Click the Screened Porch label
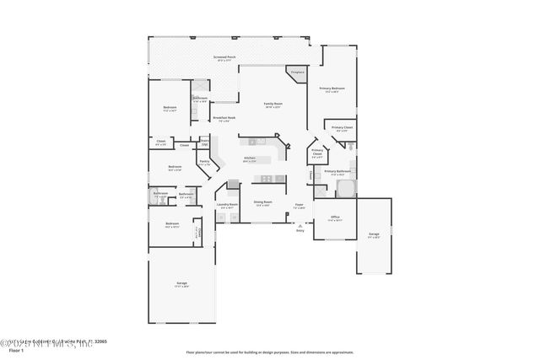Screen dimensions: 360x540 pyautogui.click(x=225, y=58)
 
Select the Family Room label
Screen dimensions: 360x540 pyautogui.click(x=273, y=105)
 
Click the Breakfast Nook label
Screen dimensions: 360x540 pyautogui.click(x=224, y=119)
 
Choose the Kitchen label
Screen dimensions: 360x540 pyautogui.click(x=250, y=159)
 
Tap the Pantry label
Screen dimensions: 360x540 pyautogui.click(x=204, y=164)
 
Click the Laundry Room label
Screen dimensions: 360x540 pyautogui.click(x=225, y=206)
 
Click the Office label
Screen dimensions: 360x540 pyautogui.click(x=335, y=218)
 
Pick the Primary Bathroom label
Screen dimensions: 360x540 pyautogui.click(x=336, y=173)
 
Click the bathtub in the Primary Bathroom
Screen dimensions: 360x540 pyautogui.click(x=346, y=188)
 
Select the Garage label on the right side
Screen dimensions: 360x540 pyautogui.click(x=374, y=235)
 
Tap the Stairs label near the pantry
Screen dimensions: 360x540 pyautogui.click(x=204, y=141)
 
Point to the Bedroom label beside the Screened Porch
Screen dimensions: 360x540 pyautogui.click(x=170, y=109)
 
